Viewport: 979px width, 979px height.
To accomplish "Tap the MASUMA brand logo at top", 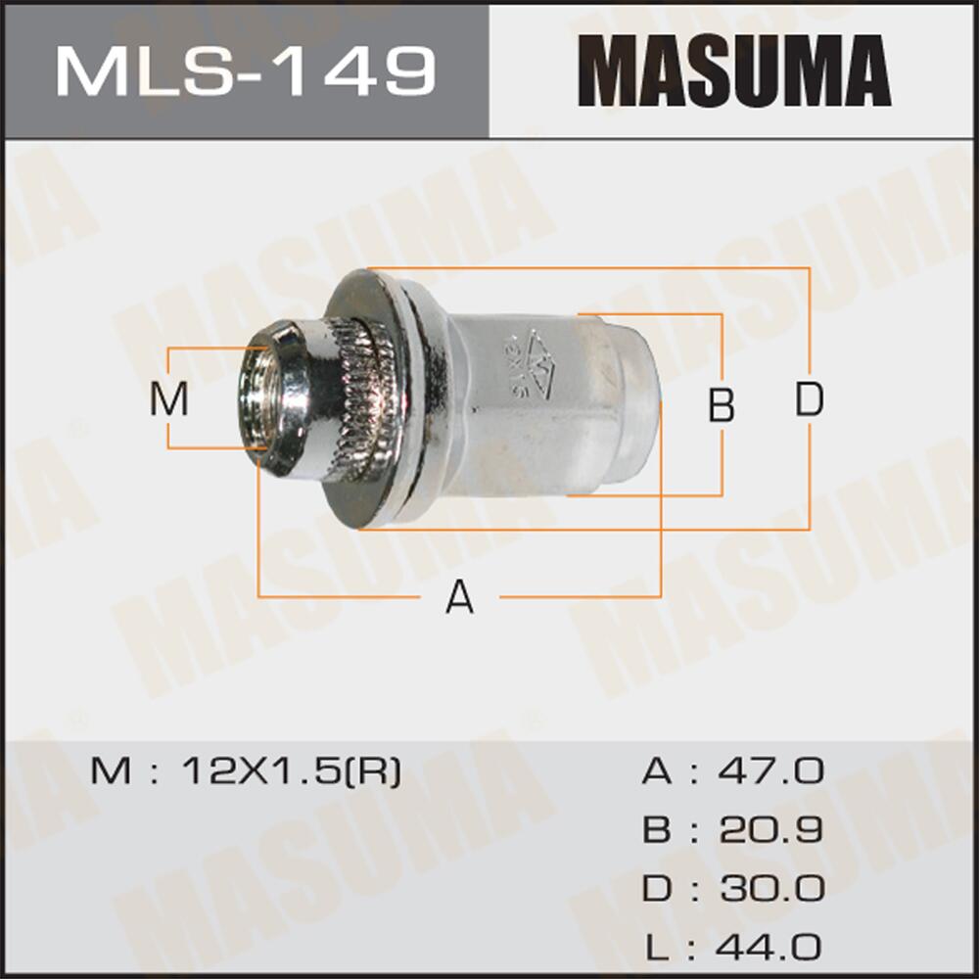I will coord(733,70).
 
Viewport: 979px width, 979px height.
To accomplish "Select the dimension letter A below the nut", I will coord(459,596).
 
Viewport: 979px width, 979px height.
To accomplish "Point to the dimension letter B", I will coord(722,404).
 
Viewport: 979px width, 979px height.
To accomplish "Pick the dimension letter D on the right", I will coord(809,399).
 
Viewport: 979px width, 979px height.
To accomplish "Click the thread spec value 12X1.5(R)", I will coord(291,772).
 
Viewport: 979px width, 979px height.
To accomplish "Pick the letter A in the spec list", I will coord(657,772).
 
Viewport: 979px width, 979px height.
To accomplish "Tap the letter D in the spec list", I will coord(657,890).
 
